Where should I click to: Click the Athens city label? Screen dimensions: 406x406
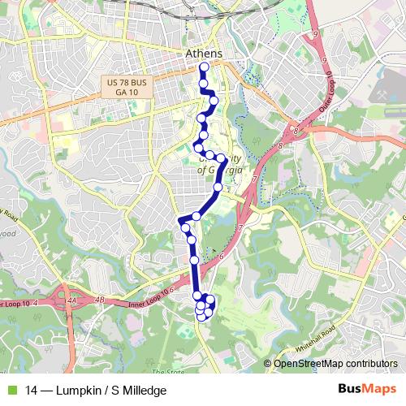[x=203, y=54]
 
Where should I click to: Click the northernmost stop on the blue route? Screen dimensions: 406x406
[x=204, y=67]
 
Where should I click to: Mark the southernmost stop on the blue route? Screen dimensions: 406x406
[x=201, y=317]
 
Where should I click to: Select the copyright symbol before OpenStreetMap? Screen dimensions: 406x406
[x=268, y=364]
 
